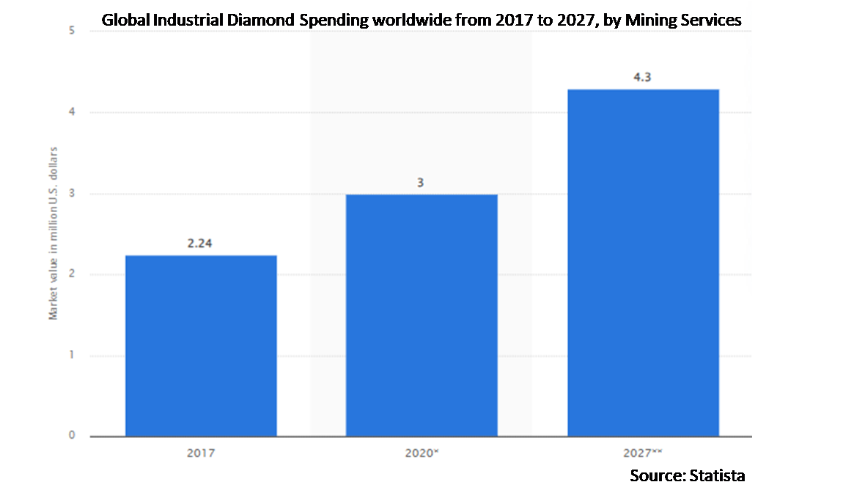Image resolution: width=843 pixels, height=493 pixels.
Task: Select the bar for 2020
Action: pyautogui.click(x=421, y=315)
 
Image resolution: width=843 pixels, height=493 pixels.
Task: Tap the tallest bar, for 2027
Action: pyautogui.click(x=643, y=263)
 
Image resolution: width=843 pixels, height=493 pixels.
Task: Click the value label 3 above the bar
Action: pyautogui.click(x=421, y=182)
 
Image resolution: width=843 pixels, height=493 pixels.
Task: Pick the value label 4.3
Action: pyautogui.click(x=642, y=77)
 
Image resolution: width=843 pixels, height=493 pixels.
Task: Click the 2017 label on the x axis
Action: pyautogui.click(x=200, y=453)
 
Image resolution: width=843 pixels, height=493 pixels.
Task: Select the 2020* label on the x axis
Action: pyautogui.click(x=421, y=453)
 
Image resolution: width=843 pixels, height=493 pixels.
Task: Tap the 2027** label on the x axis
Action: pyautogui.click(x=643, y=453)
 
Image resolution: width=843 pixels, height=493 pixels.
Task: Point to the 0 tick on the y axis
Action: pyautogui.click(x=72, y=435)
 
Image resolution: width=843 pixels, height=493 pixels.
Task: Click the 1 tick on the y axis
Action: pyautogui.click(x=72, y=355)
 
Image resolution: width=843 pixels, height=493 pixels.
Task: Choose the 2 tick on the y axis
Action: pyautogui.click(x=72, y=274)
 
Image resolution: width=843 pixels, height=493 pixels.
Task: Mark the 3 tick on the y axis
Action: pyautogui.click(x=72, y=194)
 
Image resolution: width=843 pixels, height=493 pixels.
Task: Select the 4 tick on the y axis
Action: pyautogui.click(x=72, y=112)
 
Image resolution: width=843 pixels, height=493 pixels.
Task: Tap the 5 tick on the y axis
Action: pyautogui.click(x=72, y=32)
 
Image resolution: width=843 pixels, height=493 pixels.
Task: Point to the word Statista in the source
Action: pyautogui.click(x=717, y=475)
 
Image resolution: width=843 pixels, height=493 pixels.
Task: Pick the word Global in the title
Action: pyautogui.click(x=122, y=21)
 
